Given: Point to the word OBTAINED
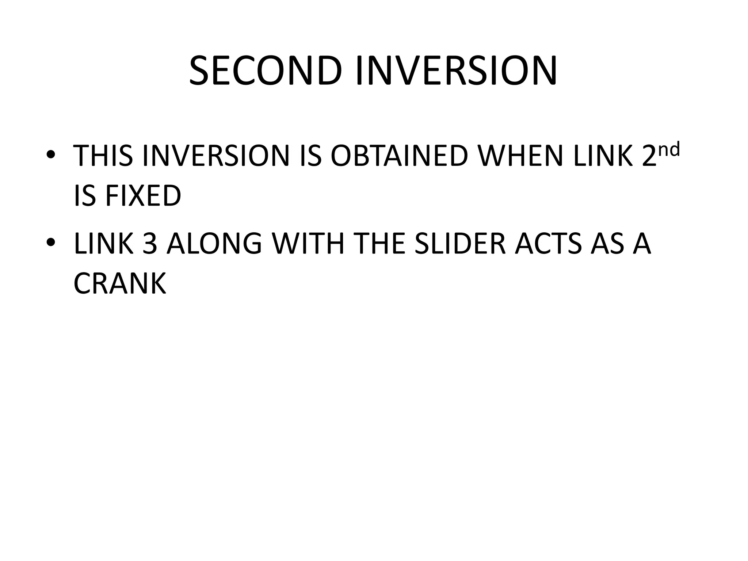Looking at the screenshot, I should coord(399,156).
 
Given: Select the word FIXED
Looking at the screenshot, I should coord(143,196).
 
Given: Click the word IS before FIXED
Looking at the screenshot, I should coord(85,196).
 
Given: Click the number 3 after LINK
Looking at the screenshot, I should coord(149,244).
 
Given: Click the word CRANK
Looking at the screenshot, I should coord(120,284).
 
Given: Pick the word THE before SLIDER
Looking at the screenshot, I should coord(380,244).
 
